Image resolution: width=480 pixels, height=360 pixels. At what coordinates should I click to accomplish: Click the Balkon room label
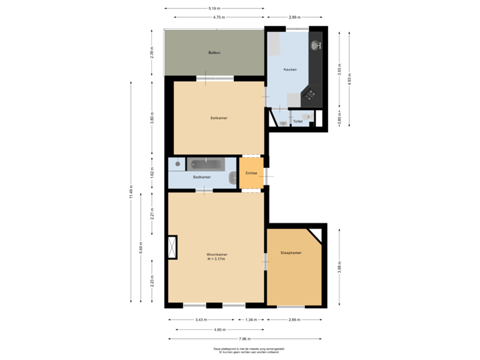point(214,53)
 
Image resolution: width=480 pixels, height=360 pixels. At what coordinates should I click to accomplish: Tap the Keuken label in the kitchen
point(289,69)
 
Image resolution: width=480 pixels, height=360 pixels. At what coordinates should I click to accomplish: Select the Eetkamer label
point(219,118)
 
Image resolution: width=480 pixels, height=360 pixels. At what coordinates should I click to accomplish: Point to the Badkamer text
point(202,177)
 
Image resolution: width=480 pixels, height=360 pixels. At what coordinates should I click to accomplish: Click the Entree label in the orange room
point(251,173)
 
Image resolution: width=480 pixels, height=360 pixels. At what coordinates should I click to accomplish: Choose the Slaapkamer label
point(291,253)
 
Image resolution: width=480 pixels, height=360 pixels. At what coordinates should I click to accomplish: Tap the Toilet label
point(297,122)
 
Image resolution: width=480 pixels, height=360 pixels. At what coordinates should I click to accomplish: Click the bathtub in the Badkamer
point(207,163)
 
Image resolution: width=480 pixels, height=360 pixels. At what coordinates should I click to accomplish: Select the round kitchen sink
point(316,45)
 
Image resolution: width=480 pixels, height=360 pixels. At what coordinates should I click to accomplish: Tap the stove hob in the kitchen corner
point(310,95)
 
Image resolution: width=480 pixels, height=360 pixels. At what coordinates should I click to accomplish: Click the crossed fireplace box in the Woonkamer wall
point(173,247)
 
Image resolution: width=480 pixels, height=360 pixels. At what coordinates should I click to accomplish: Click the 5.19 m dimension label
point(215,8)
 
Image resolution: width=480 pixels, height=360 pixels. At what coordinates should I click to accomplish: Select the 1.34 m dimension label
point(251,320)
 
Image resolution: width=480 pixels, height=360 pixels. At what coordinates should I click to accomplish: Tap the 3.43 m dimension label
point(199,320)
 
